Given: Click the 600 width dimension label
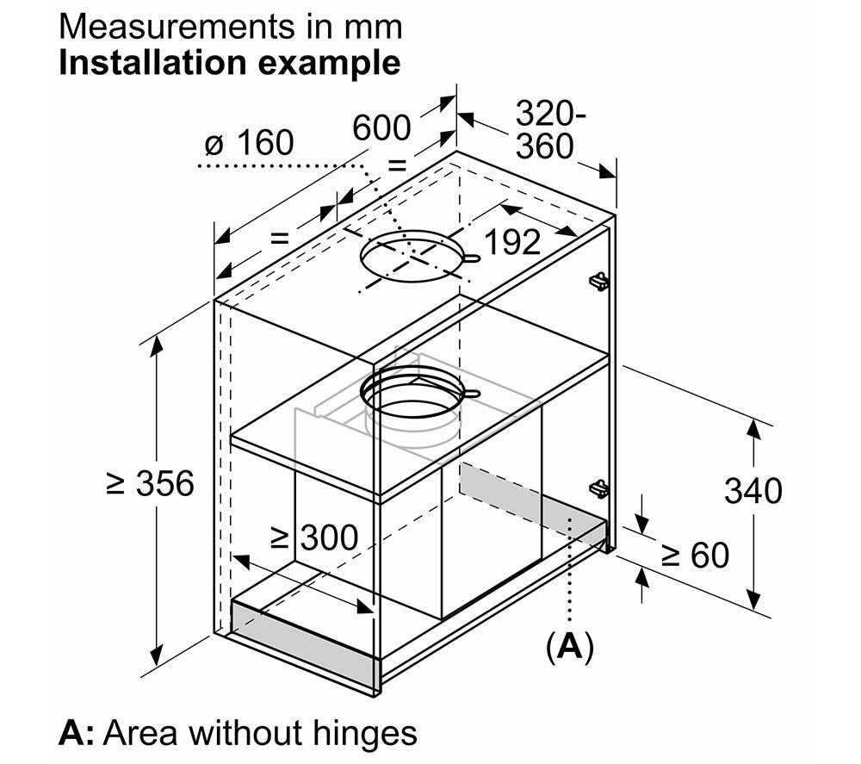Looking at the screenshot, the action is tap(381, 128).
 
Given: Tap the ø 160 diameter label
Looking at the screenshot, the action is tap(250, 143).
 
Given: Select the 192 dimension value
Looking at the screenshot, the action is tap(513, 242).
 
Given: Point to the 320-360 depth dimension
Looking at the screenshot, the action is tap(550, 129).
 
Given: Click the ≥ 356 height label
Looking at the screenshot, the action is tap(151, 483).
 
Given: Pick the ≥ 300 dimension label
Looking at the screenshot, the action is tap(314, 537).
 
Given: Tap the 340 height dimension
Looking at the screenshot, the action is tap(753, 490).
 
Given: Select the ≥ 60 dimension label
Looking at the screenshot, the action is tap(695, 555).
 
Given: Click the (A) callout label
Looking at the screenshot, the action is tap(570, 647).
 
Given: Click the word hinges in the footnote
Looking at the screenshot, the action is tap(365, 733).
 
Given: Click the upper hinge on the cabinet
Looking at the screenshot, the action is tap(599, 281).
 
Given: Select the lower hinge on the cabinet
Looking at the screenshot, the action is tap(599, 489).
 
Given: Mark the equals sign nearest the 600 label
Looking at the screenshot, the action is tap(396, 165).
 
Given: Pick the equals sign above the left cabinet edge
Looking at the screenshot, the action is tap(280, 238).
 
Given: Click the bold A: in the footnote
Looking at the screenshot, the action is tap(77, 733).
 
